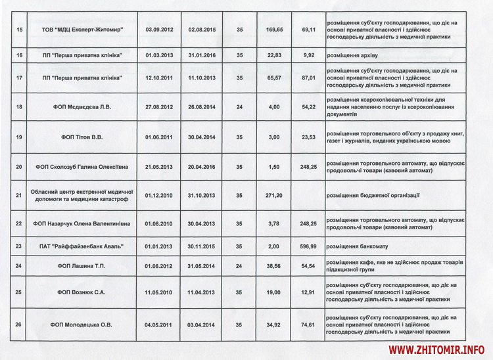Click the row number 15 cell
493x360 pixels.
pyautogui.click(x=18, y=30)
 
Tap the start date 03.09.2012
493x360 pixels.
pyautogui.click(x=158, y=30)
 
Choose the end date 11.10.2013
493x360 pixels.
pyautogui.click(x=200, y=79)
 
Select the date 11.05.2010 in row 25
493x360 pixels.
pyautogui.click(x=158, y=291)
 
